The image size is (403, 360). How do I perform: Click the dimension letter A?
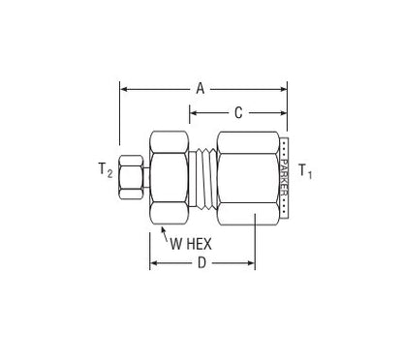(x=201, y=88)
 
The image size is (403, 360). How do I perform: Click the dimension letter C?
(x=238, y=113)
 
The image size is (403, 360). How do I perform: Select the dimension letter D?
(x=201, y=263)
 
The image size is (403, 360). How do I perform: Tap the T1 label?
(x=305, y=171)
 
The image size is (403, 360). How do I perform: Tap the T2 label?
(x=106, y=169)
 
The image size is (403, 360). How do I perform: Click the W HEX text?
(x=191, y=244)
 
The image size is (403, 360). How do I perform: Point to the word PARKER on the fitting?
(x=284, y=177)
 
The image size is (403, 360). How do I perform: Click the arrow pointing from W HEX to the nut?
(x=165, y=234)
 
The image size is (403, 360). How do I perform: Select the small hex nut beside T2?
(x=131, y=177)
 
